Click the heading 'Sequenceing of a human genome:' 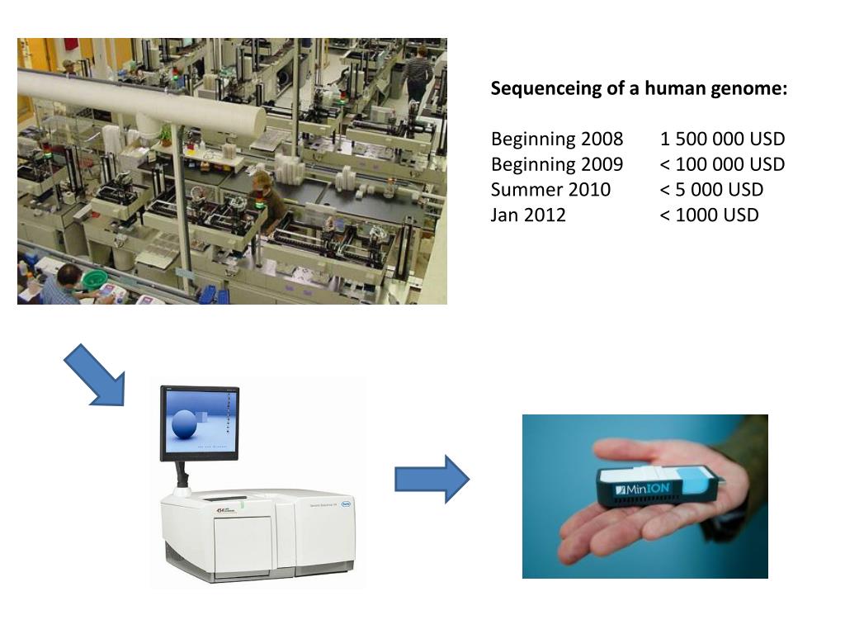pyautogui.click(x=639, y=88)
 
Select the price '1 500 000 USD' pyautogui.click(x=722, y=139)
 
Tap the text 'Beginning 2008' pyautogui.click(x=557, y=139)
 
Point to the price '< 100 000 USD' pyautogui.click(x=722, y=164)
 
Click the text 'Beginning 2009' pyautogui.click(x=557, y=164)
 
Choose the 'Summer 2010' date pyautogui.click(x=550, y=190)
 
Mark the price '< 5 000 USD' pyautogui.click(x=711, y=190)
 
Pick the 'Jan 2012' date pyautogui.click(x=528, y=215)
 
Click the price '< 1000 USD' pyautogui.click(x=709, y=215)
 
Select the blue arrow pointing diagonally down pyautogui.click(x=95, y=376)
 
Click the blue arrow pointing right pyautogui.click(x=432, y=479)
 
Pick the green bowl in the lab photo pyautogui.click(x=95, y=278)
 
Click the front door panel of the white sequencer pyautogui.click(x=243, y=545)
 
